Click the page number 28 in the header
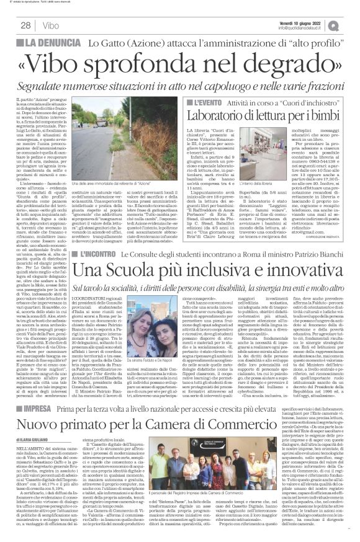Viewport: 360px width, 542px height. (25, 25)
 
